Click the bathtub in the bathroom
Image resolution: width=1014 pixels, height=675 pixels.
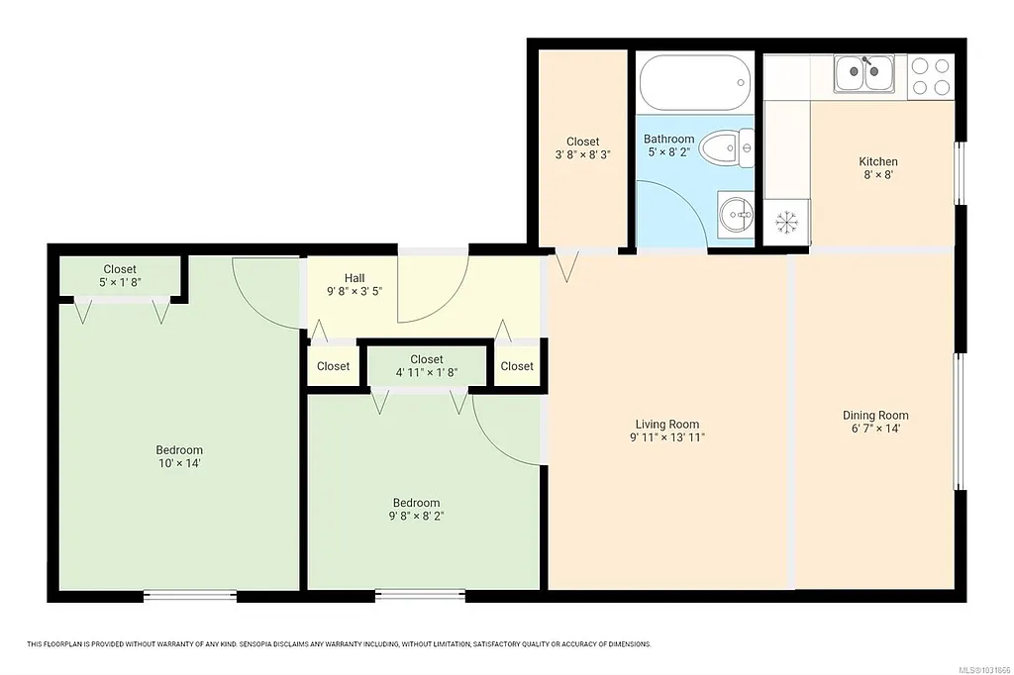click(x=692, y=83)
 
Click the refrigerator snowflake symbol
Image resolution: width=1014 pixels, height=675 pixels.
click(x=787, y=222)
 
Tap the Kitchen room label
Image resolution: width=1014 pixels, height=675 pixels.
click(x=878, y=161)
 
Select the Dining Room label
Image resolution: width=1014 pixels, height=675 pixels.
click(x=875, y=415)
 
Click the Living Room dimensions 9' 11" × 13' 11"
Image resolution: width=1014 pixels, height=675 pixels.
click(x=668, y=436)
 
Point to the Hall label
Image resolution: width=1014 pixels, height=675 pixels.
click(x=355, y=277)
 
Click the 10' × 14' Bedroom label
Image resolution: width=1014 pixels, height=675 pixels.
click(x=179, y=463)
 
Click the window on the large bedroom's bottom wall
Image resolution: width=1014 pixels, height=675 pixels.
click(x=190, y=596)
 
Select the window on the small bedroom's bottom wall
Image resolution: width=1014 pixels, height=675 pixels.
click(x=421, y=596)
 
